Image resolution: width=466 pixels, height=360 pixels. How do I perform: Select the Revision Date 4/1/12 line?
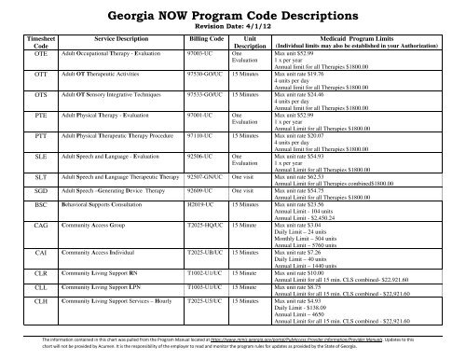(x=233, y=30)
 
